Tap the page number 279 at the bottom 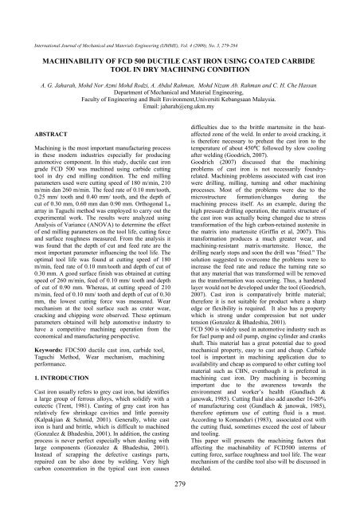(x=179, y=488)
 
